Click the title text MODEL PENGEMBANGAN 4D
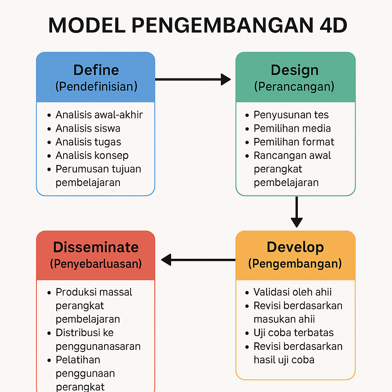(x=198, y=26)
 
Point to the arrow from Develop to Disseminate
(x=198, y=260)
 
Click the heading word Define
(x=96, y=70)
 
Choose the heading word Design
(x=294, y=70)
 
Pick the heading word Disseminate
(x=96, y=247)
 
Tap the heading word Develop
(x=295, y=247)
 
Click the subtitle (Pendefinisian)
(x=96, y=86)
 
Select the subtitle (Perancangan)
(x=294, y=86)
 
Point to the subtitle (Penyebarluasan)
(x=96, y=263)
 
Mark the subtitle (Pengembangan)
(x=295, y=263)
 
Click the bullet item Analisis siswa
(x=88, y=128)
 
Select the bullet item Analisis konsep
(x=92, y=155)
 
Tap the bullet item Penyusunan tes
(x=291, y=115)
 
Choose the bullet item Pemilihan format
(x=294, y=142)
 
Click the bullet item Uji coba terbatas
(x=294, y=332)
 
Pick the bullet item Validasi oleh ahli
(x=292, y=292)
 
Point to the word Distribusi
(x=79, y=333)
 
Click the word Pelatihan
(x=78, y=359)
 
